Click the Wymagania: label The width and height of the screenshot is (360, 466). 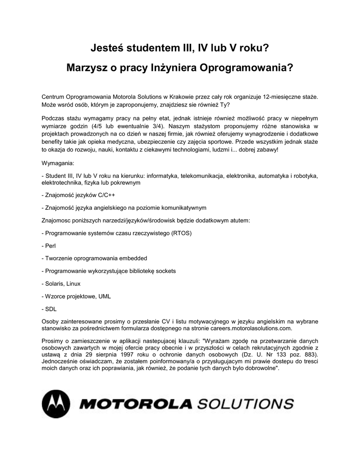tap(57, 162)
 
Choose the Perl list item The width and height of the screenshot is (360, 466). tap(49, 246)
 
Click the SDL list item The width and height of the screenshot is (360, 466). tap(50, 309)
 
